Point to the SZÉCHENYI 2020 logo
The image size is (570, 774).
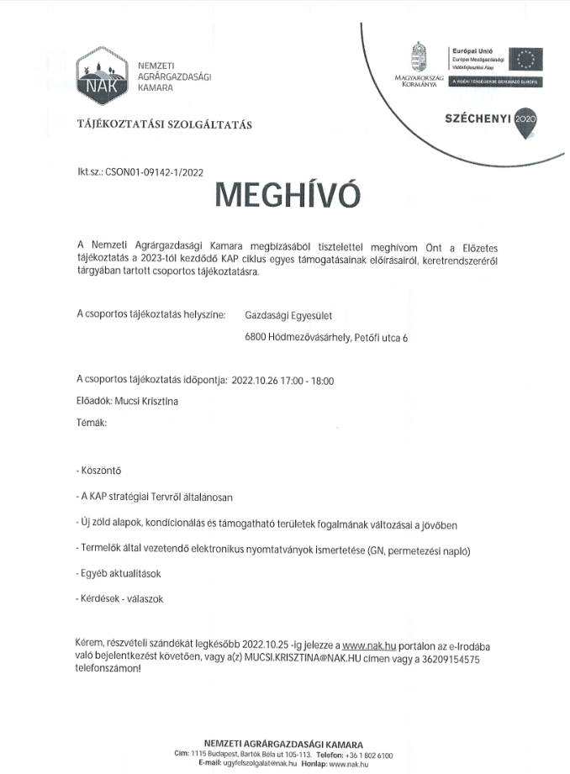[x=490, y=118]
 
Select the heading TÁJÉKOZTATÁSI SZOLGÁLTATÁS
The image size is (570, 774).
[x=164, y=125]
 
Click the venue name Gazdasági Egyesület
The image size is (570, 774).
[x=288, y=316]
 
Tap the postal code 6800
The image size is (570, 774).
[x=255, y=339]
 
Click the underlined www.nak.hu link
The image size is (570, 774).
[x=369, y=645]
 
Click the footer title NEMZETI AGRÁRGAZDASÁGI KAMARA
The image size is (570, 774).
[x=284, y=744]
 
